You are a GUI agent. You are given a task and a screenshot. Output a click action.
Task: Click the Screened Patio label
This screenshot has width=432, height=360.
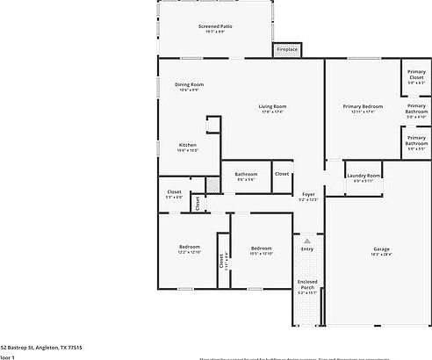(214, 26)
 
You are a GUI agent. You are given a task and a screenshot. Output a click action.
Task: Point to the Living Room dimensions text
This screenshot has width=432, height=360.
(272, 112)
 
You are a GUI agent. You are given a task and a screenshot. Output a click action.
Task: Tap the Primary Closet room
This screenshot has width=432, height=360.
(415, 78)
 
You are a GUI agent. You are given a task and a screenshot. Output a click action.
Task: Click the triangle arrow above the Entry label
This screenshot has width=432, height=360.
(306, 237)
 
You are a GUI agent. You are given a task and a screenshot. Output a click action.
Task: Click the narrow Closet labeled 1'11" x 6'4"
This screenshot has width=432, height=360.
(220, 261)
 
